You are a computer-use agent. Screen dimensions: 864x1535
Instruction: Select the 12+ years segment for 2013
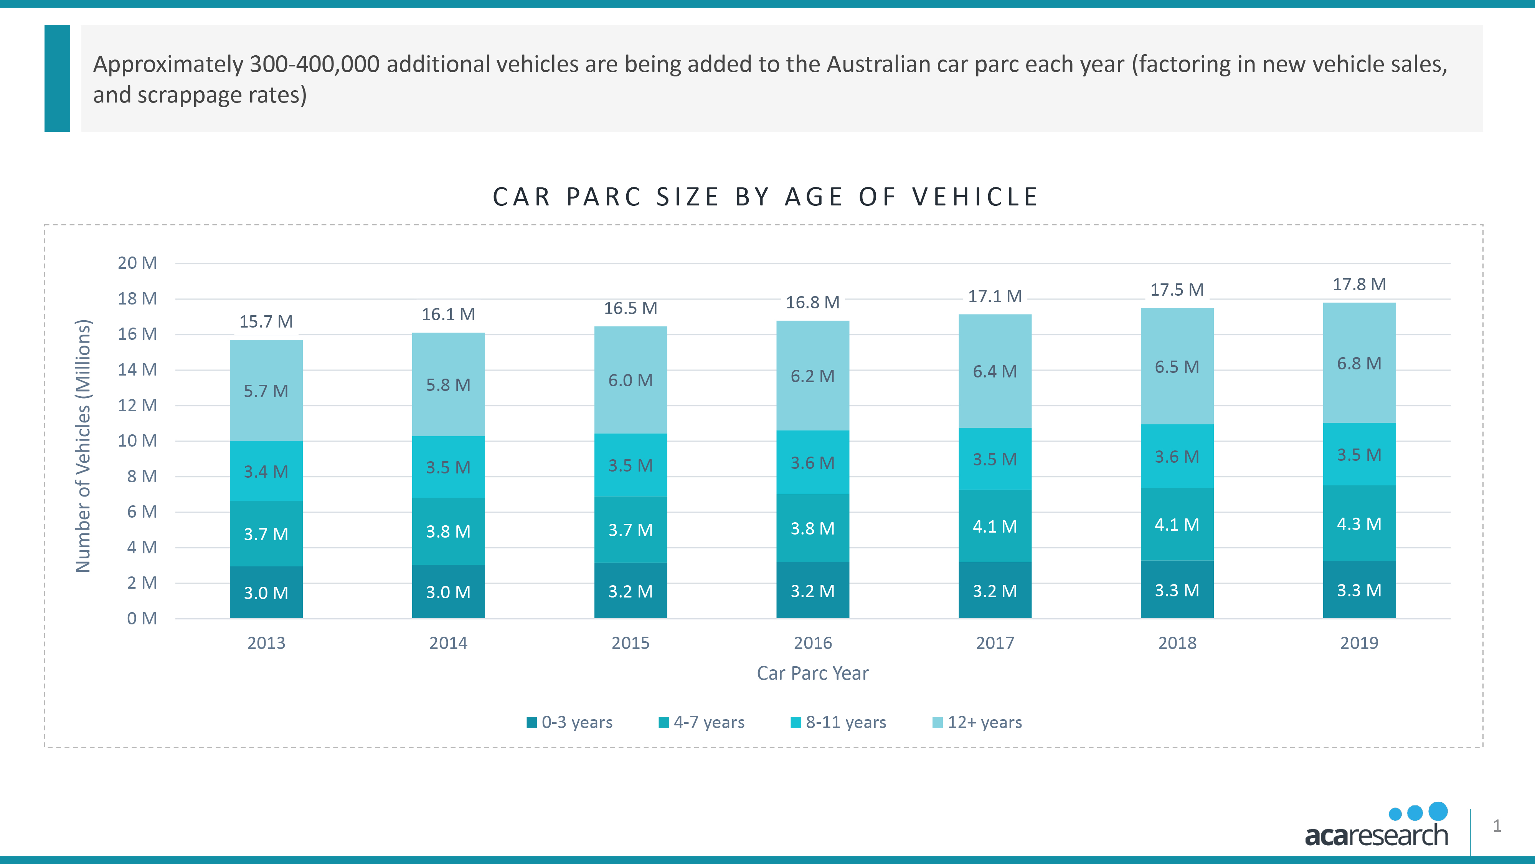click(266, 391)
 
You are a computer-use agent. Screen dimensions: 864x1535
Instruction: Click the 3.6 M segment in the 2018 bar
click(1177, 457)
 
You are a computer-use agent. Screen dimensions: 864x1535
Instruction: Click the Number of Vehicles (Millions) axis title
click(83, 446)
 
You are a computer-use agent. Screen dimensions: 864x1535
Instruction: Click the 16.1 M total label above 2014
click(448, 314)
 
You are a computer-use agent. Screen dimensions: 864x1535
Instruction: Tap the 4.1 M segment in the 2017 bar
click(995, 526)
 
